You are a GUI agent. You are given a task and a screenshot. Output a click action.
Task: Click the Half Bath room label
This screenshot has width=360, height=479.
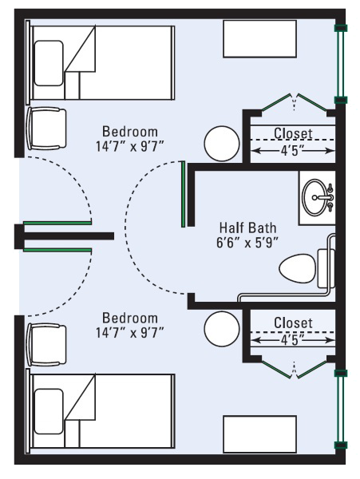click(247, 228)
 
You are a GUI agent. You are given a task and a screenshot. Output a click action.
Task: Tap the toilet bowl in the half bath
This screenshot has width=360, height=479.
click(298, 269)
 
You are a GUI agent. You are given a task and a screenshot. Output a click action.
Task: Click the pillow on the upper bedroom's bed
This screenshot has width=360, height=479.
click(49, 63)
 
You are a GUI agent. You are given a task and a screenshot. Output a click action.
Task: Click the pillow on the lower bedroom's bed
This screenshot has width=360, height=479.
click(49, 411)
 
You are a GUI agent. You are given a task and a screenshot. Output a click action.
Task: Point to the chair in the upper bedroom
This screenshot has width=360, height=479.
click(46, 129)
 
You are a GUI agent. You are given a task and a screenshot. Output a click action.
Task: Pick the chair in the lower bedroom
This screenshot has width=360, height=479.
click(46, 345)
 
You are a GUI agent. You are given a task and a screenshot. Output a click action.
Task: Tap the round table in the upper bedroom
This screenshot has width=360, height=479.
click(222, 144)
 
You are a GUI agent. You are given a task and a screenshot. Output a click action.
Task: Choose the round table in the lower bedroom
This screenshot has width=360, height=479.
click(222, 329)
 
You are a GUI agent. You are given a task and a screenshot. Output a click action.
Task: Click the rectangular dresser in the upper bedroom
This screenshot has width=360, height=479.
click(260, 39)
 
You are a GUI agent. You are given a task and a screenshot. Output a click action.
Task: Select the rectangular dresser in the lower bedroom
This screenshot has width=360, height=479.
click(260, 433)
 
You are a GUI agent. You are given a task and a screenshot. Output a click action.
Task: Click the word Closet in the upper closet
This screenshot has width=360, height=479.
click(293, 133)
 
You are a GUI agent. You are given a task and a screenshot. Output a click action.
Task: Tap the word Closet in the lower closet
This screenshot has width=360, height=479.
click(293, 323)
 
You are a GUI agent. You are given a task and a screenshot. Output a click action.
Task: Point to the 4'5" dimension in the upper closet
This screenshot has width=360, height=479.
click(293, 151)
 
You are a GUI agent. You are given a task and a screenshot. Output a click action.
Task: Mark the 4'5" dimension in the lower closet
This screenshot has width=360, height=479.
click(293, 340)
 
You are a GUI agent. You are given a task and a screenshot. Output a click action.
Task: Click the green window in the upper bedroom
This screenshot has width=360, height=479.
click(340, 64)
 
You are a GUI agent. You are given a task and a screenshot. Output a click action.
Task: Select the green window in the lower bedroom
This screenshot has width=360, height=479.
click(340, 409)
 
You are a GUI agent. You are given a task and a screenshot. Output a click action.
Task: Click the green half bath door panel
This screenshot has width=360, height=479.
click(183, 194)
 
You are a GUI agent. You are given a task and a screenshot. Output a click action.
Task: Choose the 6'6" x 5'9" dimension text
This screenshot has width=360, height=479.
click(247, 243)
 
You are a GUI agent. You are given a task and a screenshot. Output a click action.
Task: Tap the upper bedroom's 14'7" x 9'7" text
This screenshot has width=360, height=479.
click(130, 147)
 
